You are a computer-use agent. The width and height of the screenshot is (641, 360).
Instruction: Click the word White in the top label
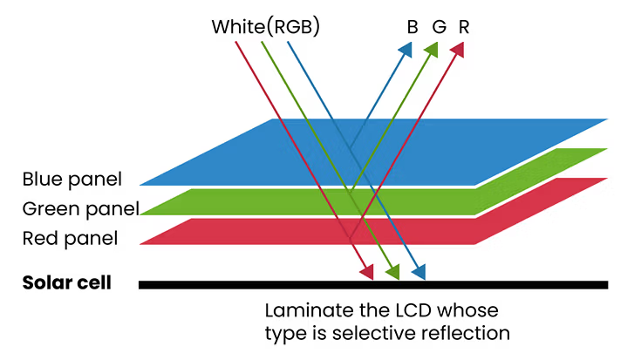pos(237,26)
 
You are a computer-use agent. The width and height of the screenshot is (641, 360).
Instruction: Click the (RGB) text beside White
pos(292,26)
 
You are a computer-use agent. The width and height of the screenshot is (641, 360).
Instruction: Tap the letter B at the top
pos(413,26)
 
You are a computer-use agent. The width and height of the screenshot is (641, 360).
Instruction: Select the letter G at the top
pos(439,26)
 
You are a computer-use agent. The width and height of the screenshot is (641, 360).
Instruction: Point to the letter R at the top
pos(464,26)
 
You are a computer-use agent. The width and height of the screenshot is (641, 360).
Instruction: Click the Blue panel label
pos(72,180)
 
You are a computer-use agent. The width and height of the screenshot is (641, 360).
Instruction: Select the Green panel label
pos(80,209)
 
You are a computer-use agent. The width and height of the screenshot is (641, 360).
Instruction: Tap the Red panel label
pos(70,237)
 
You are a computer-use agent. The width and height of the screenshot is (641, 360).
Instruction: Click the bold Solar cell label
pos(67,283)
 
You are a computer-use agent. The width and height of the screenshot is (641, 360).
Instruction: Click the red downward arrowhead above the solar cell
pos(367,272)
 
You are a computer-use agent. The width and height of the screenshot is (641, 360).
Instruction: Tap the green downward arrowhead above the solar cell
pos(392,272)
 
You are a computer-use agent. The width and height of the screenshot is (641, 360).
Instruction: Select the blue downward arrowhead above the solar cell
pos(419,272)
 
